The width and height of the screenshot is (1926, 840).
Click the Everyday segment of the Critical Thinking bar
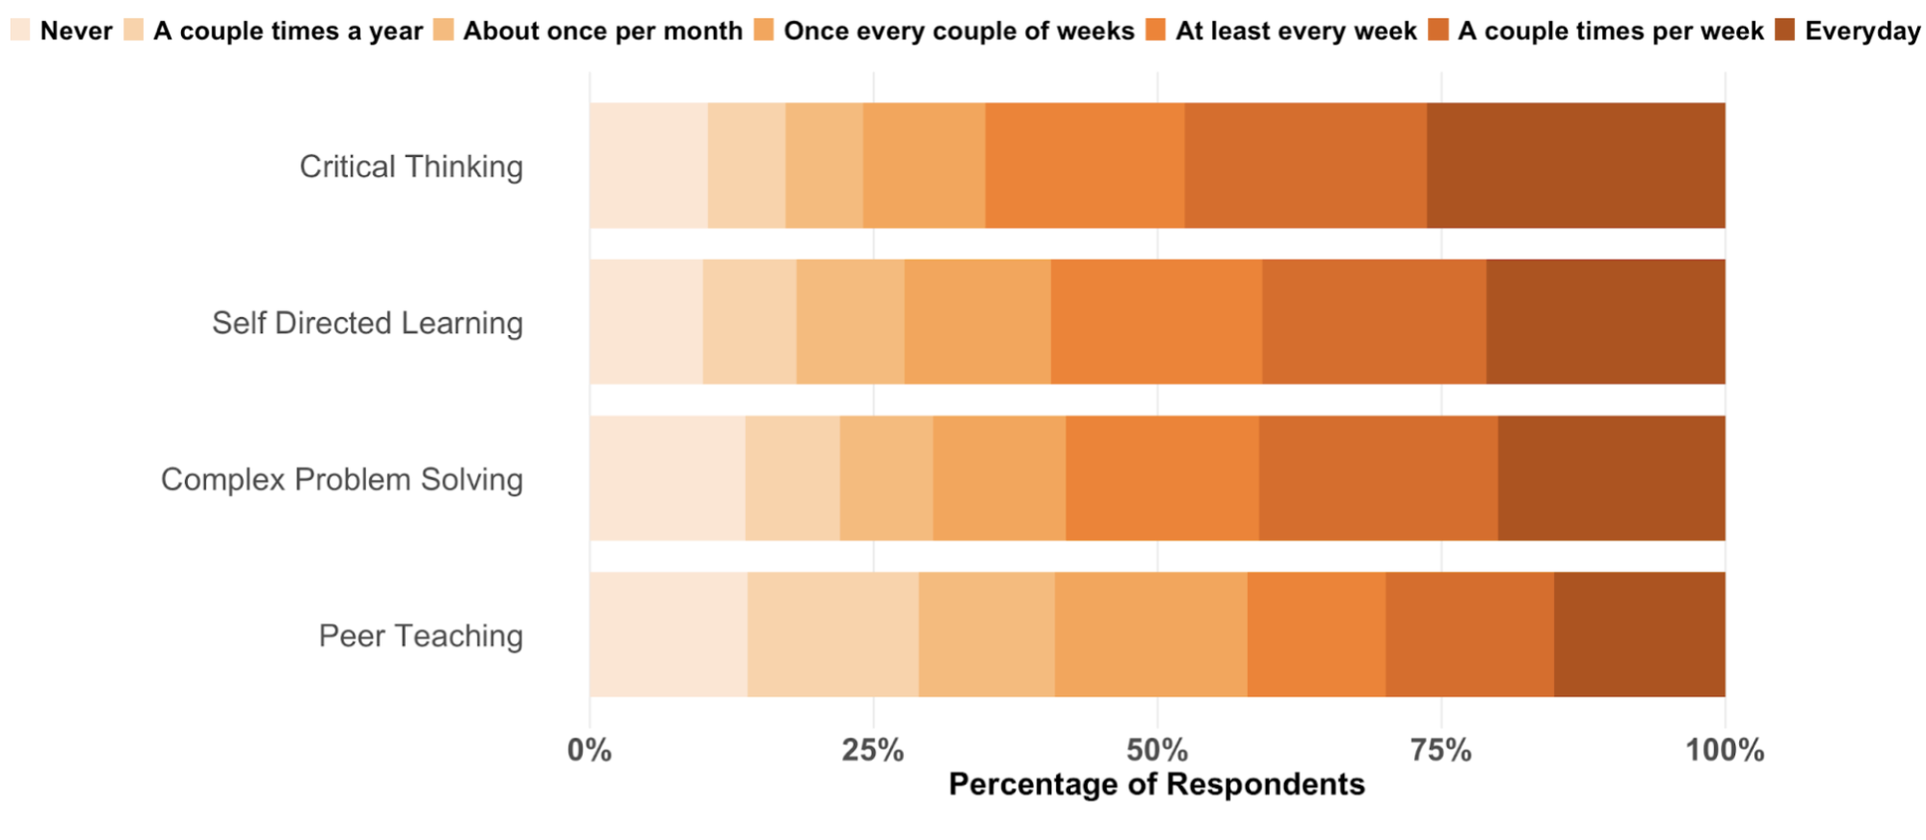1575,166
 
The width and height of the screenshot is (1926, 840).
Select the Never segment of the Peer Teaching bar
668,635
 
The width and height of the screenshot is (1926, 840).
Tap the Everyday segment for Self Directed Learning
1605,322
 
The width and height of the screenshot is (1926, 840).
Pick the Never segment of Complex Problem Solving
667,479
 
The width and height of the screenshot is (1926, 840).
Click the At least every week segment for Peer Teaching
1316,635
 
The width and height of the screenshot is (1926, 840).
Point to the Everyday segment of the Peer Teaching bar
1639,635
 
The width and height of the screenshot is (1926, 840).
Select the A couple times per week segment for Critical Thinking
1306,166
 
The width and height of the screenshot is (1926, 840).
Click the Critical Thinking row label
411,167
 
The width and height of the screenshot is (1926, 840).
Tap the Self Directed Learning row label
367,323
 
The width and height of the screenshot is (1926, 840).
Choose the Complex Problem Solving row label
342,480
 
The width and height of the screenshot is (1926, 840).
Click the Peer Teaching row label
421,636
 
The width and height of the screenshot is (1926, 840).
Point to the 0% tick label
589,750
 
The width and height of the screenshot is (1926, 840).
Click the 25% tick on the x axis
873,750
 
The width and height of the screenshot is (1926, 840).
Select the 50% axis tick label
1157,750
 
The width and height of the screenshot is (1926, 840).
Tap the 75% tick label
1440,750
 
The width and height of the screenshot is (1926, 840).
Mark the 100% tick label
1724,750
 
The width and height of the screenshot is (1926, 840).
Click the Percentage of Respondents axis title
1156,784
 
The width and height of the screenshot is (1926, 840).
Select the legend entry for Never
62,31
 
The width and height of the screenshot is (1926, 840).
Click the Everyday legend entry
1848,31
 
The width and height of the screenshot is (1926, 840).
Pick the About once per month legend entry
589,31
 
